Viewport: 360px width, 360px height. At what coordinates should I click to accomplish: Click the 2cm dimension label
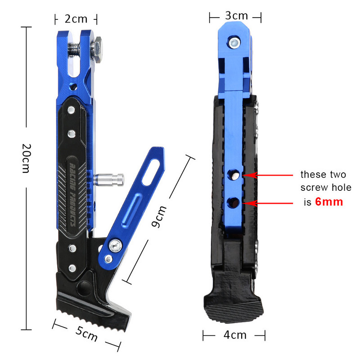click(75, 19)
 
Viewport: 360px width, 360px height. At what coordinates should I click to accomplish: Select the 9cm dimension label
click(159, 216)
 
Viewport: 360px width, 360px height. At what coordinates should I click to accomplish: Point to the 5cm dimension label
click(86, 333)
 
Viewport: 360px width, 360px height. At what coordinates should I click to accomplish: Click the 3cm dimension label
click(236, 16)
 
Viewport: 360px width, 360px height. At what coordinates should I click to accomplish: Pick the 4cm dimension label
click(235, 335)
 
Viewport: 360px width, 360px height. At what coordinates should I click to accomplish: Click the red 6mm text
click(329, 202)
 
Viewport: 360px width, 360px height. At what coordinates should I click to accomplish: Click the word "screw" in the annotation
click(314, 188)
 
